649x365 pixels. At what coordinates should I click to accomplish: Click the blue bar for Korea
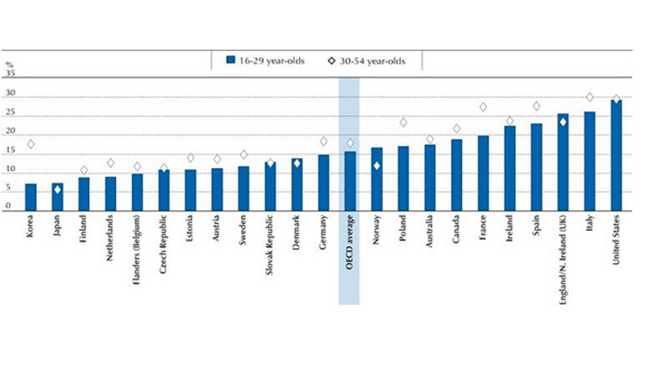pos(31,197)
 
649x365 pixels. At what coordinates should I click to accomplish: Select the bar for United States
pos(616,155)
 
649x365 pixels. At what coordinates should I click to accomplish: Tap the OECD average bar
pos(350,181)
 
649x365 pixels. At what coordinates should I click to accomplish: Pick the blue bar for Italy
pos(590,161)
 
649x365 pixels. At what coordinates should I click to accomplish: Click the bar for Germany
pos(323,182)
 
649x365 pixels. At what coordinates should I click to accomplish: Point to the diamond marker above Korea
pos(31,144)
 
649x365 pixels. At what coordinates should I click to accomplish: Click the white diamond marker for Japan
pos(57,190)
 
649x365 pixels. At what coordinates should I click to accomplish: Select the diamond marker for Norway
pos(377,166)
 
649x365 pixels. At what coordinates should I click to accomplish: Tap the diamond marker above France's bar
pos(483,107)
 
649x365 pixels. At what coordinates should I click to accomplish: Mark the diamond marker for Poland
pos(404,122)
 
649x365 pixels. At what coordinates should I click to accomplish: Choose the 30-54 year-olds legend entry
pos(367,61)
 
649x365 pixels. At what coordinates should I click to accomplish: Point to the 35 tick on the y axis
pos(11,73)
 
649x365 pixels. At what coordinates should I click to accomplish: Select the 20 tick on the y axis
pos(11,131)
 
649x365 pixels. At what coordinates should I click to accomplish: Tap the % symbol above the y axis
pos(9,65)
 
